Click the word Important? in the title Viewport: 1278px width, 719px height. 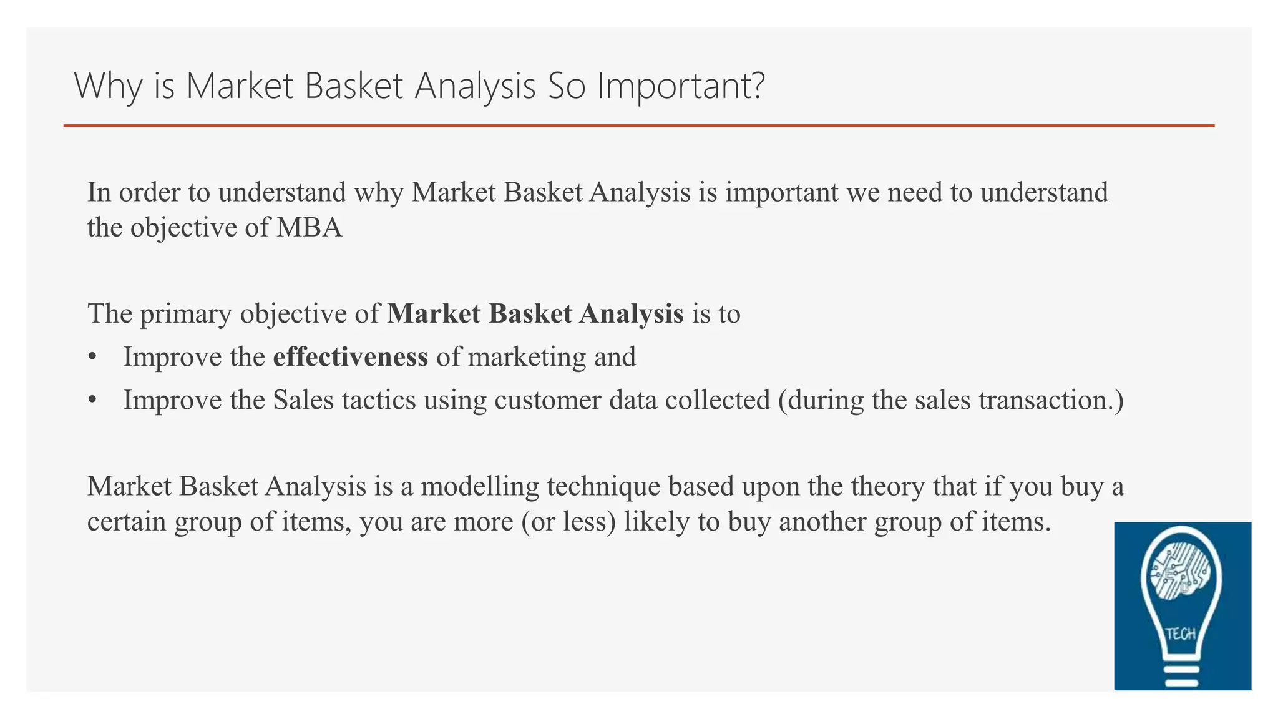[680, 86]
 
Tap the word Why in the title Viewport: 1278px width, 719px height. [108, 86]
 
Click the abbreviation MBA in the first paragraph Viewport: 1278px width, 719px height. [309, 227]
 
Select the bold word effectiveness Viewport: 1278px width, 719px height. [351, 357]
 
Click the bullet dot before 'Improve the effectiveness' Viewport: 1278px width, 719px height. [92, 358]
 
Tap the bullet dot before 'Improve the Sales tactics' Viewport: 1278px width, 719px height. [92, 400]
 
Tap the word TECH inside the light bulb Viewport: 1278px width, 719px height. [1180, 634]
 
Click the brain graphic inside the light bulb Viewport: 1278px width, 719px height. [1181, 571]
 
